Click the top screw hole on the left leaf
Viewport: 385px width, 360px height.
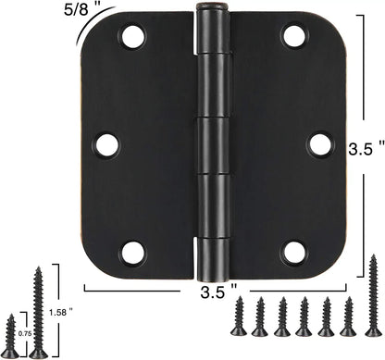pos(133,37)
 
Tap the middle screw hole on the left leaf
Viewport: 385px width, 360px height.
pos(107,144)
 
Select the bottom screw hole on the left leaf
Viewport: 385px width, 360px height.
pos(133,252)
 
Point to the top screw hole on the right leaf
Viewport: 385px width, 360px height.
pos(294,37)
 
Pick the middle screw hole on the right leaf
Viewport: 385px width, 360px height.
pos(319,144)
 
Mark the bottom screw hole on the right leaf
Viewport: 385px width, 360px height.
pos(294,252)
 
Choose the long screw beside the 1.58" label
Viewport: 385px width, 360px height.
pos(40,312)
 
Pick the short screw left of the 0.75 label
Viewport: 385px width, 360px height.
pos(11,335)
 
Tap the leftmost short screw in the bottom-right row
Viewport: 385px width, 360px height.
pos(240,317)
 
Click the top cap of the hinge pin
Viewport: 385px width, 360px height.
pos(213,9)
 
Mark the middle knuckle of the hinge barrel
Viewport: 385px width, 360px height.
pos(213,143)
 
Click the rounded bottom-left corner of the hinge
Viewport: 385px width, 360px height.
pos(93,267)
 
